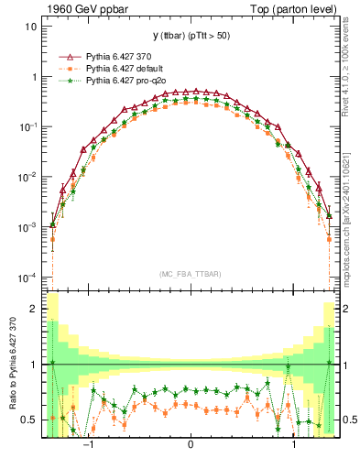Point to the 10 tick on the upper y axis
point(30,27)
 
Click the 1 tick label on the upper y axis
point(33,77)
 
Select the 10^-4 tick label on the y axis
point(26,277)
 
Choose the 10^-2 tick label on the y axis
point(26,176)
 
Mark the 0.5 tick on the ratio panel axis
point(29,420)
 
